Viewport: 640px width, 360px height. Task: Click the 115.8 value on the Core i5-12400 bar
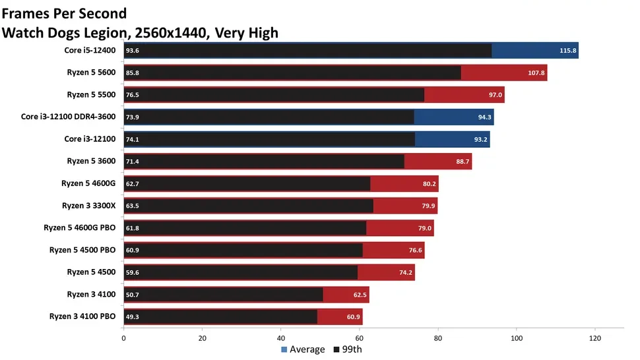tap(567, 50)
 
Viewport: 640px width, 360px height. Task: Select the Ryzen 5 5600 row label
tap(91, 73)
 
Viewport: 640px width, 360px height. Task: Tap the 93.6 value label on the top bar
tap(132, 50)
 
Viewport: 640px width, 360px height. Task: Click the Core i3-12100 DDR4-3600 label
tap(68, 117)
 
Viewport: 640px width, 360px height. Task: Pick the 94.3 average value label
tap(482, 117)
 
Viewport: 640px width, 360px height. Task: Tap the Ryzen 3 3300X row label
tap(88, 205)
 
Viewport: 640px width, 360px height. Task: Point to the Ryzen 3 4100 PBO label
tap(82, 316)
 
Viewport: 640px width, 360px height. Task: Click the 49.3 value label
tap(132, 316)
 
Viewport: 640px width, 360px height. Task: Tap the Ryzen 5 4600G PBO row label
tap(80, 227)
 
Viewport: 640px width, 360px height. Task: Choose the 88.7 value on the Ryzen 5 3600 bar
tap(460, 161)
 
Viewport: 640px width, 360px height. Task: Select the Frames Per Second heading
tap(65, 13)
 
